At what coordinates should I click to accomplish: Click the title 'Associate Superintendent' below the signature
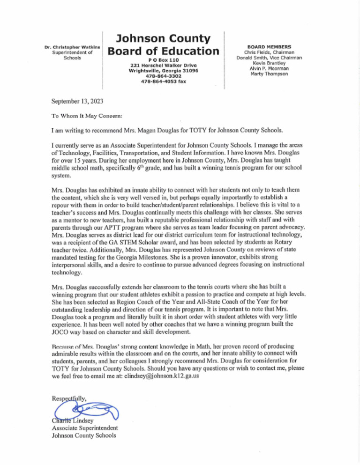[84, 428]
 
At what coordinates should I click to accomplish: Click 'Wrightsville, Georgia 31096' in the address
[163, 70]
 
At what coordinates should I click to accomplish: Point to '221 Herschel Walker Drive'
[163, 65]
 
